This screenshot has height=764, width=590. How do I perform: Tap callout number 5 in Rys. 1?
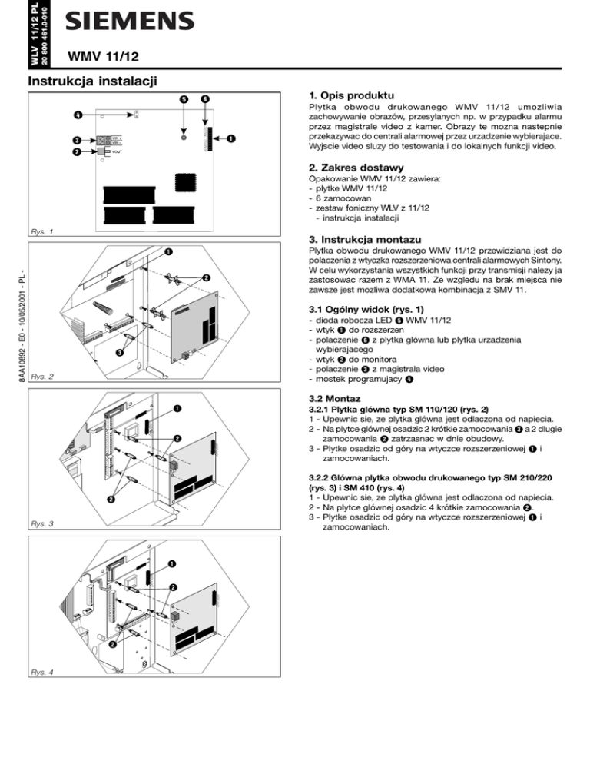(184, 99)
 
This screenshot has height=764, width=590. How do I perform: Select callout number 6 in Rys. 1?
(205, 99)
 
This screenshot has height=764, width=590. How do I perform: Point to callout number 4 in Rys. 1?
(78, 116)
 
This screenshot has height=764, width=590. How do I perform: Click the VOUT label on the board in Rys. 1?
(117, 151)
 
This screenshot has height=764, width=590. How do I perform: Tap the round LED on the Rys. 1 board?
(184, 140)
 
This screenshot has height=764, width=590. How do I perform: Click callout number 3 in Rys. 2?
(119, 353)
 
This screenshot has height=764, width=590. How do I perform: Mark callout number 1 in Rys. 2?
(167, 251)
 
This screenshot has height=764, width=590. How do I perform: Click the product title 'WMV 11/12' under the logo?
(102, 55)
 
